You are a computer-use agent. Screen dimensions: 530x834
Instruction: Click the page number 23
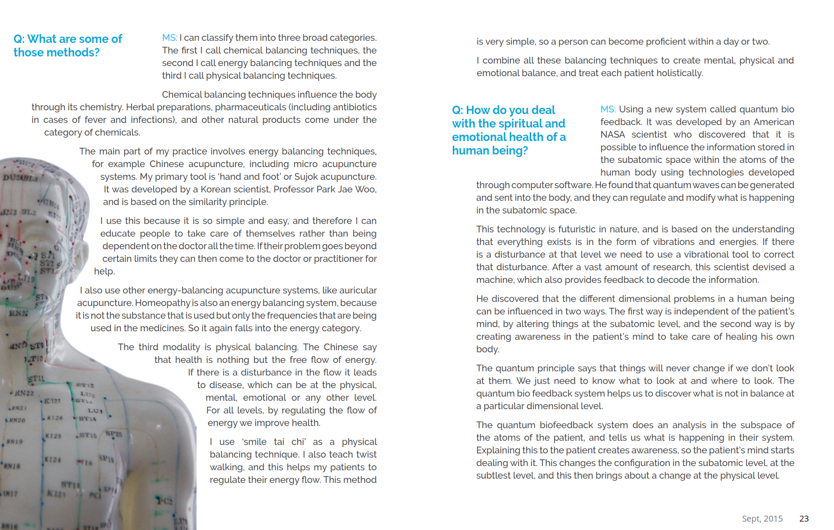click(804, 518)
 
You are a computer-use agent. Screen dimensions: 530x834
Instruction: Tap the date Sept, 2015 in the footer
click(762, 518)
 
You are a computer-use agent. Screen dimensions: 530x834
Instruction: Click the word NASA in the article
click(612, 135)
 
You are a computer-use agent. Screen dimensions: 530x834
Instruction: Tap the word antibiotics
click(354, 107)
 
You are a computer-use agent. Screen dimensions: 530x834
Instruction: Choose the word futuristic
click(575, 229)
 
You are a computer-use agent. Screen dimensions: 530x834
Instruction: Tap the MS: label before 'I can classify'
click(169, 38)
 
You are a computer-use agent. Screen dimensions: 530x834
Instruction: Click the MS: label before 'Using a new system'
click(608, 109)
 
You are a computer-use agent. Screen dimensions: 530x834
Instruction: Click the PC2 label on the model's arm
click(165, 501)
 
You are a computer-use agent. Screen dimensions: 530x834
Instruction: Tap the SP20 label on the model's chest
click(113, 434)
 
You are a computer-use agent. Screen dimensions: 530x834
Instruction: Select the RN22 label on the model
click(24, 393)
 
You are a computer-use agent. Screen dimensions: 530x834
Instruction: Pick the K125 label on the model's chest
click(53, 436)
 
